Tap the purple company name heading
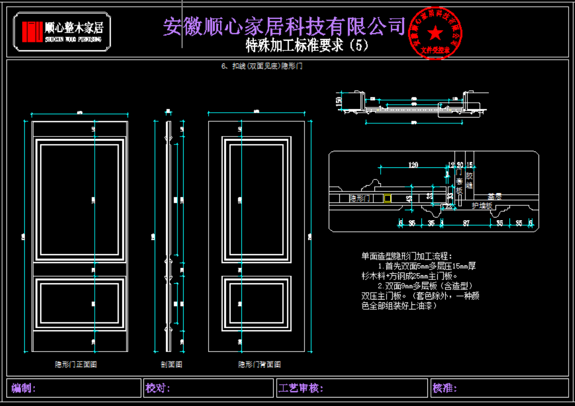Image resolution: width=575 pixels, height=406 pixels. [284, 26]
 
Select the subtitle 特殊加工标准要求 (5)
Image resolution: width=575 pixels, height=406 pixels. [307, 46]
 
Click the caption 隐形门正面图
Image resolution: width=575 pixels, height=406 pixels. [76, 364]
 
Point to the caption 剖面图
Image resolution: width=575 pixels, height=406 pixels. [171, 364]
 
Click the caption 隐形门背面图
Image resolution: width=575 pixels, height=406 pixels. [259, 364]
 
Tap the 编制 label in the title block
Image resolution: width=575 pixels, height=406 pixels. [23, 388]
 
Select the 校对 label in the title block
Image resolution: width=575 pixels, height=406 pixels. [157, 388]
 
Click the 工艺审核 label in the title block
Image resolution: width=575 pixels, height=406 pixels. [300, 388]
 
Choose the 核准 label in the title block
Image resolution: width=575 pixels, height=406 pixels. [445, 388]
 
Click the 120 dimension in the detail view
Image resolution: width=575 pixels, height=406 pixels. [414, 165]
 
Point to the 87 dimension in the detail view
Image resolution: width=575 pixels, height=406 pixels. [466, 223]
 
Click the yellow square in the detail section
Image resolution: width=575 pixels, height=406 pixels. [388, 199]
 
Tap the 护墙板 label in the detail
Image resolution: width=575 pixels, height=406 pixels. [482, 205]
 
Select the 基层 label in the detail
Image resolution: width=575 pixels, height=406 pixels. [495, 195]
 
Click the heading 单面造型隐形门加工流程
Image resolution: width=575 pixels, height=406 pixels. [407, 256]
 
